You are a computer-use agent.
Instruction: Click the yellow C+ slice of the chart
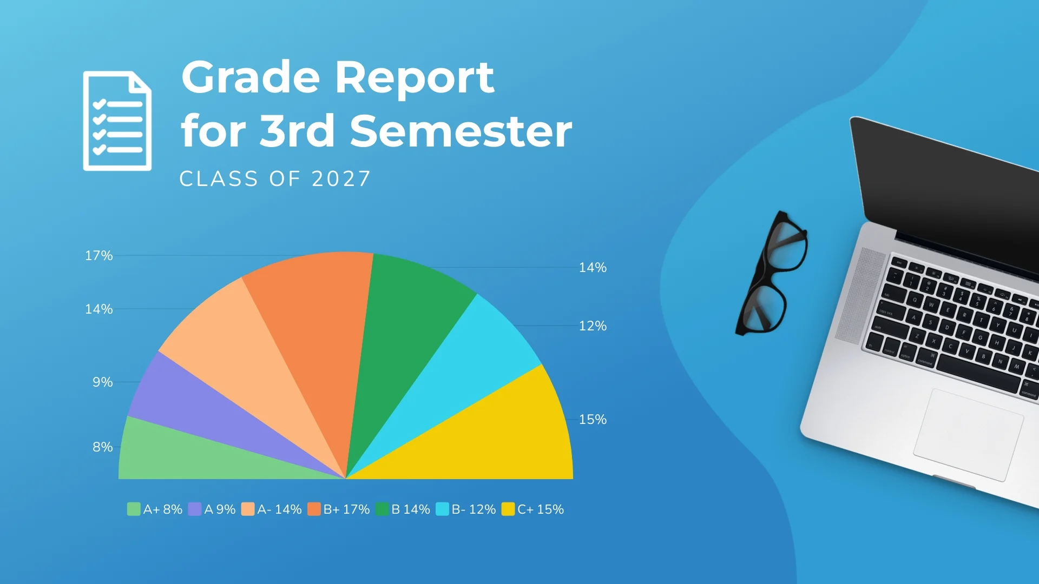pos(487,438)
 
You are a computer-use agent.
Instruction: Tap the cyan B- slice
pos(465,373)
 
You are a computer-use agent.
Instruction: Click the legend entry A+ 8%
pos(155,509)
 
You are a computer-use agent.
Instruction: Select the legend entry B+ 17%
pos(338,509)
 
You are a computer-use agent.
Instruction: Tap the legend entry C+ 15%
pos(532,509)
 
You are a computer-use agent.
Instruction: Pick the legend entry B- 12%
pos(466,509)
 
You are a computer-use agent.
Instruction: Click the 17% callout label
pos(99,256)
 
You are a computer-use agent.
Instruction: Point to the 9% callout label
pos(103,382)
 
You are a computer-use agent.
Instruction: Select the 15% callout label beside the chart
pos(593,420)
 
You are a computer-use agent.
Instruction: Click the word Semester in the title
pos(461,131)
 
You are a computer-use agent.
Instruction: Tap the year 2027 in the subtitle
pos(341,179)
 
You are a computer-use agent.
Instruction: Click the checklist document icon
pos(117,121)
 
